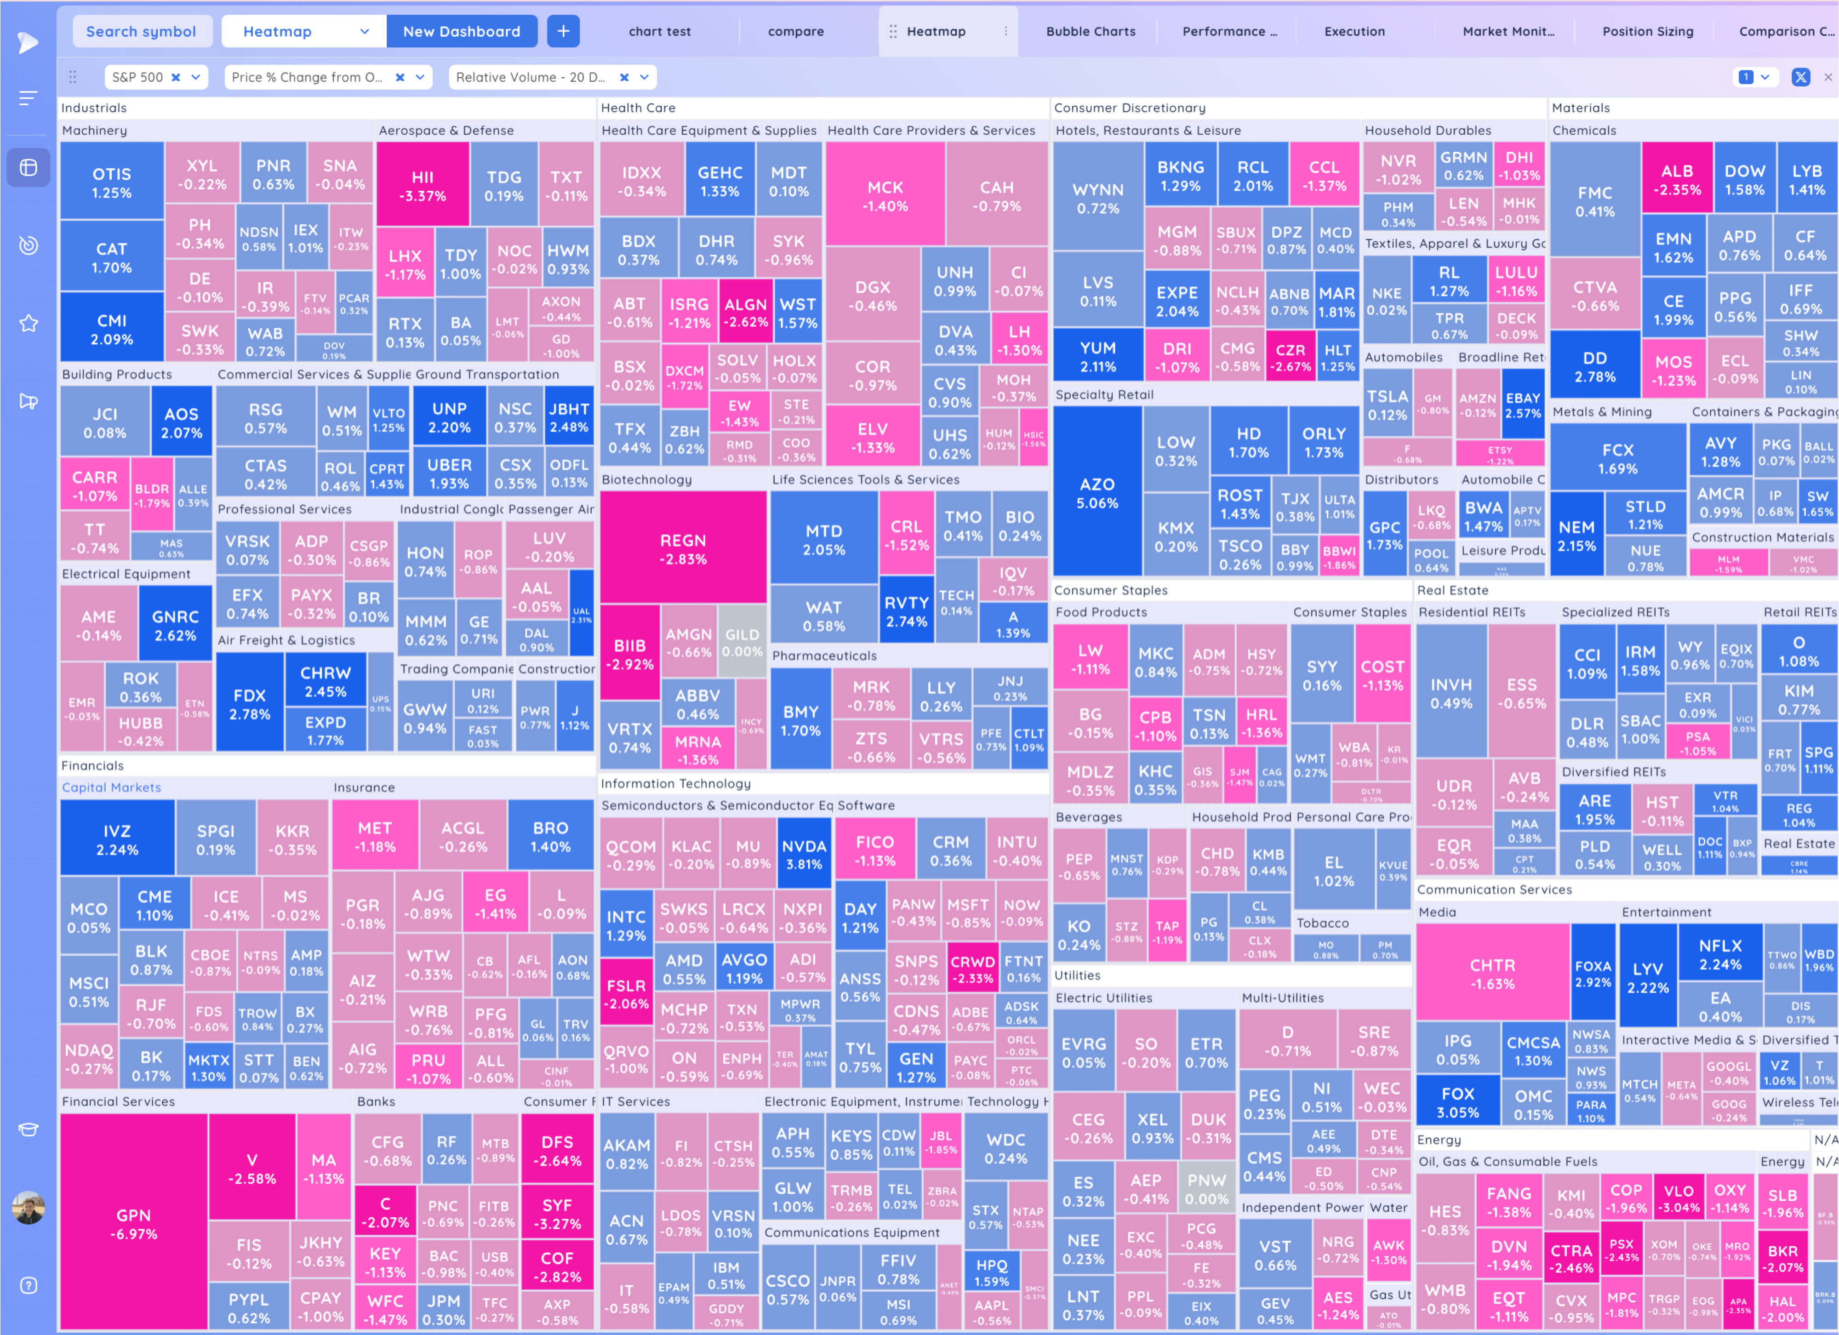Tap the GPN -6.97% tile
pyautogui.click(x=134, y=1224)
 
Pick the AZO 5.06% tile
pyautogui.click(x=1097, y=493)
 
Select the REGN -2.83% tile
pyautogui.click(x=683, y=549)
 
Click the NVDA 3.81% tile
pyautogui.click(x=804, y=854)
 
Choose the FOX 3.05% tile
pyautogui.click(x=1457, y=1102)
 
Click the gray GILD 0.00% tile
pyautogui.click(x=742, y=642)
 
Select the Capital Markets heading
pyautogui.click(x=111, y=787)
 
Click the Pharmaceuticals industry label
pyautogui.click(x=824, y=656)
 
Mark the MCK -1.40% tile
pyautogui.click(x=885, y=196)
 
